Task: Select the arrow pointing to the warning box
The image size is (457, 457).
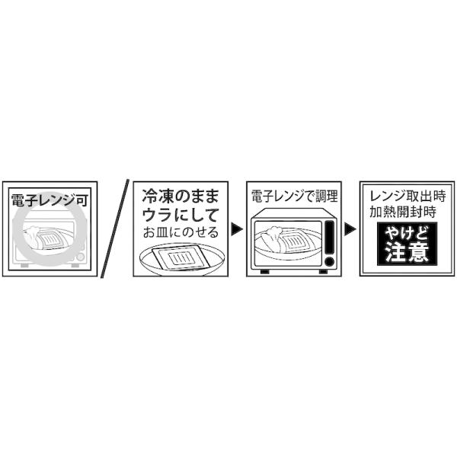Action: point(350,228)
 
